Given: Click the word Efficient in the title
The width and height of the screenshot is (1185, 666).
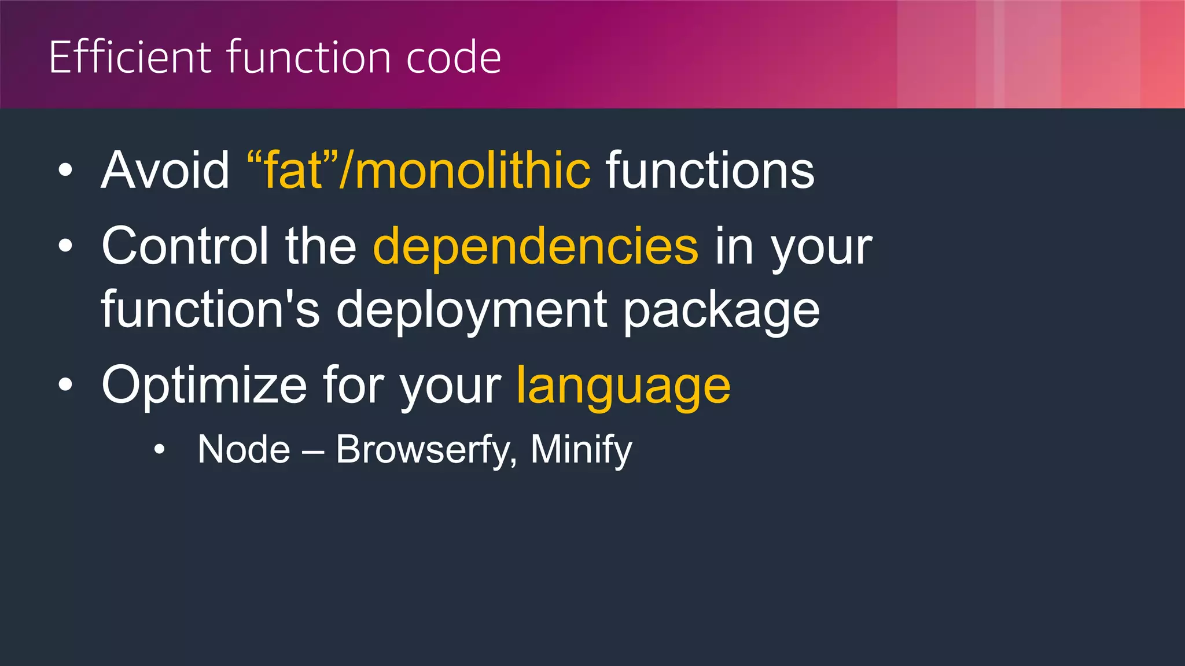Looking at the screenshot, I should [130, 57].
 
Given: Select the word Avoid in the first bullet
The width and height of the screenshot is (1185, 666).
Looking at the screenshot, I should [165, 170].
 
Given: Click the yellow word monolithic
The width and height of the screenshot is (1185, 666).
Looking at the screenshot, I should [473, 170].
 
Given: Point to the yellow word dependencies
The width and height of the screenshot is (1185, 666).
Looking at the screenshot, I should [536, 246].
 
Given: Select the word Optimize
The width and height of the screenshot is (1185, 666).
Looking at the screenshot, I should [204, 385].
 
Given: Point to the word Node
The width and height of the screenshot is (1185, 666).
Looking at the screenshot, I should [244, 449].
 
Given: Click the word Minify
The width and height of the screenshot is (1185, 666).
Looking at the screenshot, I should [581, 450].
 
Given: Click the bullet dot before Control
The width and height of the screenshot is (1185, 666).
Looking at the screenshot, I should [66, 246].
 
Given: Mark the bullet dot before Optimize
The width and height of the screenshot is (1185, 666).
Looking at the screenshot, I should [66, 385].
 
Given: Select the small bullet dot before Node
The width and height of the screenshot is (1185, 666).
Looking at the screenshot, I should [160, 449].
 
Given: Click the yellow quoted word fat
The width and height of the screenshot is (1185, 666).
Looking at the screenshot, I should [293, 170].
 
